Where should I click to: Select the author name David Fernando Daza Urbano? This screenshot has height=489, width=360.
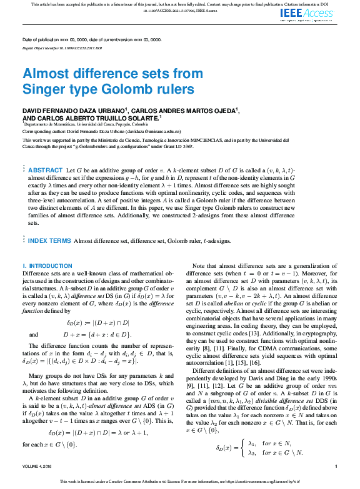point(74,110)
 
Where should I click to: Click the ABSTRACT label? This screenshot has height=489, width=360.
point(46,170)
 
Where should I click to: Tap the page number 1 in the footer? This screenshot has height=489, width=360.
point(336,467)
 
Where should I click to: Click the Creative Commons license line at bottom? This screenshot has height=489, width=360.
point(180,482)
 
